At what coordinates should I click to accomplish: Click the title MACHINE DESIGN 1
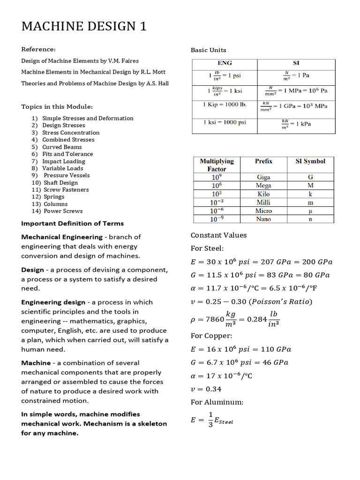tap(84, 27)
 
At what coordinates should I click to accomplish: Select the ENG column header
tap(225, 63)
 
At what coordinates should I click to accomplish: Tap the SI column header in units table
tap(296, 63)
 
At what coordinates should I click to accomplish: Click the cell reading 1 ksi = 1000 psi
tap(224, 122)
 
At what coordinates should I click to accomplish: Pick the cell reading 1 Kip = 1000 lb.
tap(225, 104)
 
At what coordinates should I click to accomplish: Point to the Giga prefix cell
tap(263, 177)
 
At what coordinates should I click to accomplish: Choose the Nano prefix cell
tap(263, 219)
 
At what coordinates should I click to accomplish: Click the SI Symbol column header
tap(310, 161)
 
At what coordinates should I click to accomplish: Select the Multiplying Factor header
tap(217, 165)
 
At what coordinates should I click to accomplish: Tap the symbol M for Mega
tap(310, 186)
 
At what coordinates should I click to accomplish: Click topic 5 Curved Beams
tap(62, 147)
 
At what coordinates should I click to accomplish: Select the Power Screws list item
tap(63, 211)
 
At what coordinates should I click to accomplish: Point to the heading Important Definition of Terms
tap(72, 223)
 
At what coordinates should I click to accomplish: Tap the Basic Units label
tap(208, 50)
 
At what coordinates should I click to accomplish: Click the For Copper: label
tap(211, 336)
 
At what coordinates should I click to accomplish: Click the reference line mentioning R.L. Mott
tap(93, 72)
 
